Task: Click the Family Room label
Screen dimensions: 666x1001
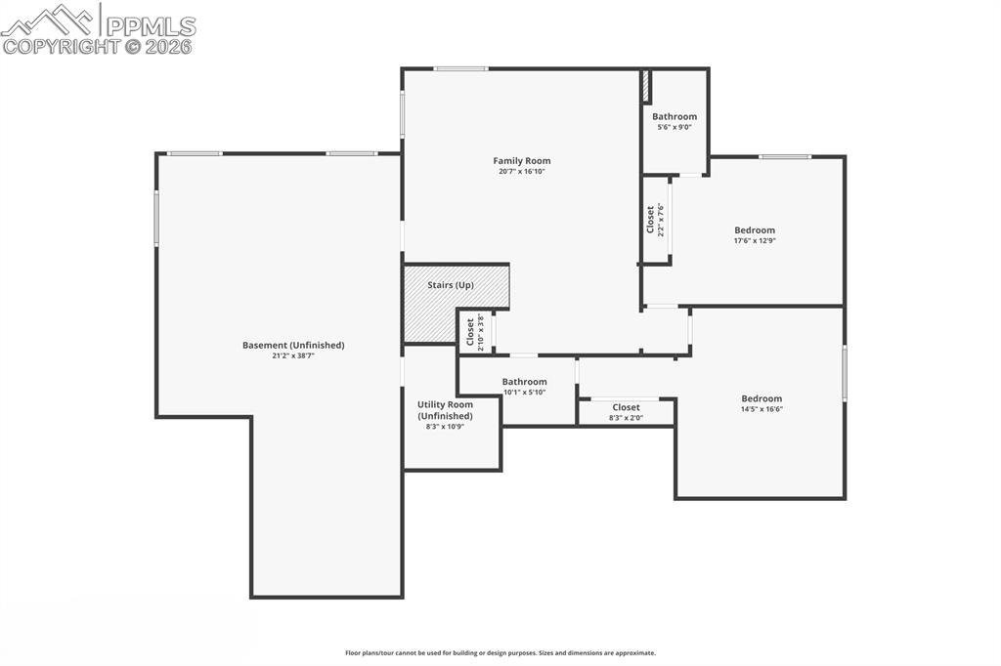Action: [x=521, y=161]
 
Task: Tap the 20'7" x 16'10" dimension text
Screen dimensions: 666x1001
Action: [x=521, y=172]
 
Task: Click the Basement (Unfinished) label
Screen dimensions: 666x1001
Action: [x=293, y=345]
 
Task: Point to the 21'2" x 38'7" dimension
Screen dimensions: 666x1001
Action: [x=293, y=356]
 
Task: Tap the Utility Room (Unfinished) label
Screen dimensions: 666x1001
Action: [x=445, y=410]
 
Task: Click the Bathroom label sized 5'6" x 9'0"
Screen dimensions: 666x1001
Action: [x=675, y=116]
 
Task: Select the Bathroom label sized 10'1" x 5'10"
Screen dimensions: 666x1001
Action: [x=524, y=382]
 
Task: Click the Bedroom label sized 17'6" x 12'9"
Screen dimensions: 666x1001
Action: [x=755, y=230]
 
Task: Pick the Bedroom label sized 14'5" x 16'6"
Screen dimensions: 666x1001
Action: [x=762, y=398]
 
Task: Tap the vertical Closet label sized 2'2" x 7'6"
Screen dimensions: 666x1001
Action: [x=651, y=220]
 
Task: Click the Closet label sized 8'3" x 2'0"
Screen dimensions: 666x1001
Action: [x=626, y=407]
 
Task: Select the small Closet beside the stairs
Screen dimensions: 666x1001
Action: [x=473, y=333]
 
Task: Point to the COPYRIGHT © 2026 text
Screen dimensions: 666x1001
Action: [x=98, y=46]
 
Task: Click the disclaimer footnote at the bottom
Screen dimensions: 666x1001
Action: [x=500, y=653]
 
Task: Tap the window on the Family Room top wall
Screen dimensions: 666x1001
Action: [x=460, y=68]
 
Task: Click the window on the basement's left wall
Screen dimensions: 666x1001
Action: [x=156, y=218]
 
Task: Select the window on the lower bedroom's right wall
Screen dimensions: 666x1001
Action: [x=844, y=373]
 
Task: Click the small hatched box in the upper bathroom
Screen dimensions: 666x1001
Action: [x=645, y=86]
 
